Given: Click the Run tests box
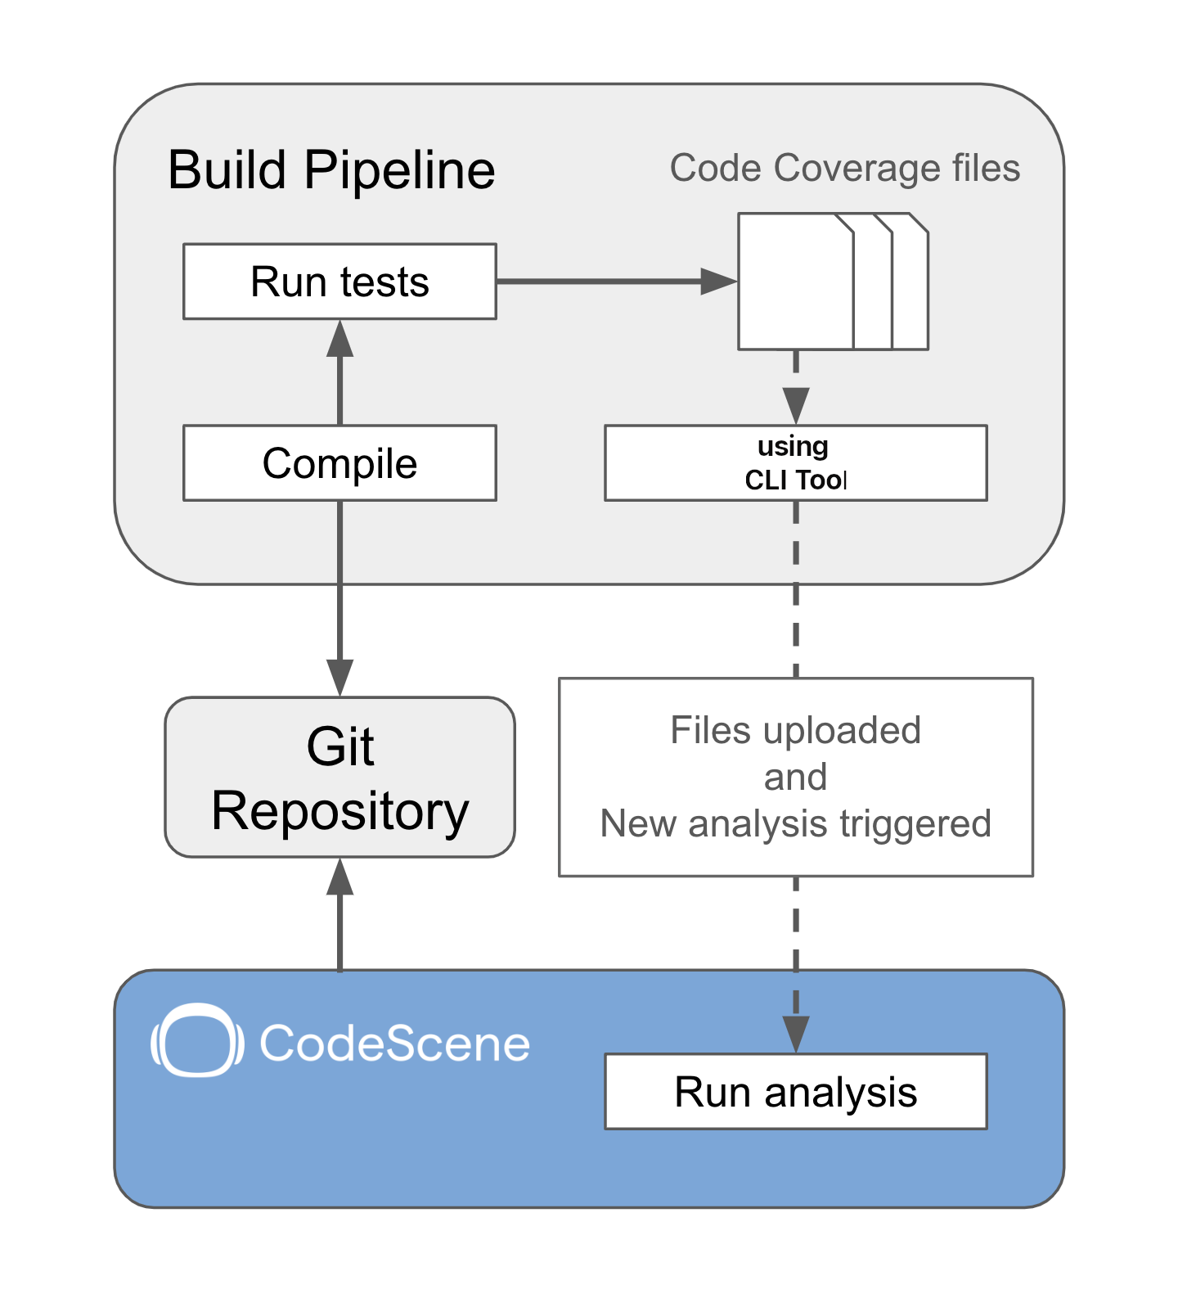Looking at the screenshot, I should (x=339, y=282).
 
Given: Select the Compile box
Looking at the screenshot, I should (x=339, y=463).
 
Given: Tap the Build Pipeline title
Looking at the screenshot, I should (x=331, y=170).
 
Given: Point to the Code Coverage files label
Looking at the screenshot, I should (x=844, y=169).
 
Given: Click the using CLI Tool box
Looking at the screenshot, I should (x=795, y=463).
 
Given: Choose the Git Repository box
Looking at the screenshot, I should (x=339, y=778).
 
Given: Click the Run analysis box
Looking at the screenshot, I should (x=795, y=1092).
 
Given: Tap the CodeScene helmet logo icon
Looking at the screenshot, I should (x=197, y=1040).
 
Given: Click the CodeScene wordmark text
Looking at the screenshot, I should (x=394, y=1044).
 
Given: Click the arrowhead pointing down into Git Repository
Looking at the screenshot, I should (x=339, y=678).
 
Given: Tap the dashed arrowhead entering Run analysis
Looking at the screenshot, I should (x=795, y=1035).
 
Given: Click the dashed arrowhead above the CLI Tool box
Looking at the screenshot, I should (x=795, y=406).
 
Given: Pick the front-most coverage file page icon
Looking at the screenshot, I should (x=795, y=282).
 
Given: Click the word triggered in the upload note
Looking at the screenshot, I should (x=916, y=825).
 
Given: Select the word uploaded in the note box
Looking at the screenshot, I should (x=842, y=731).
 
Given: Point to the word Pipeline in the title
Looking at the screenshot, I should (x=400, y=170).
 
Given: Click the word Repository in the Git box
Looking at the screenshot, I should (x=339, y=812).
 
